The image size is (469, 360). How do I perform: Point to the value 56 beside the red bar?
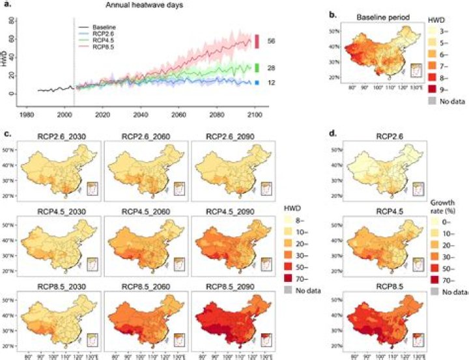click(272, 41)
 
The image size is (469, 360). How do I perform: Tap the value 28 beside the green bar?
click(272, 67)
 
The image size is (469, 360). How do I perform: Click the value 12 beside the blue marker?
click(272, 83)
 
